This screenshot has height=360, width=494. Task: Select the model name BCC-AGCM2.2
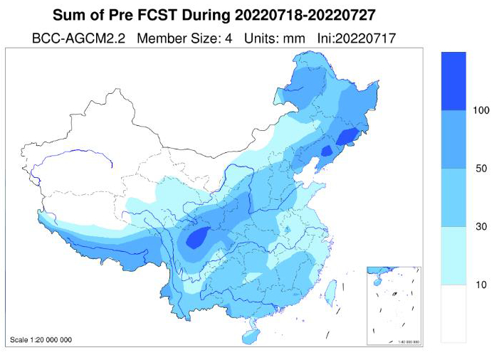point(78,38)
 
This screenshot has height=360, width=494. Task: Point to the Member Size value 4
point(231,38)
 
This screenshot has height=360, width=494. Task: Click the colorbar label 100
point(480,110)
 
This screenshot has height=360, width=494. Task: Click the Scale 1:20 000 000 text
point(41,339)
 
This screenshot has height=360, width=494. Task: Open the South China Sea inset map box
point(394,305)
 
